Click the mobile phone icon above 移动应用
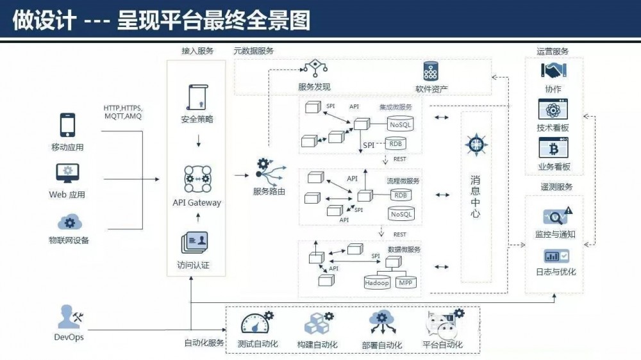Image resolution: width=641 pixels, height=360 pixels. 67,126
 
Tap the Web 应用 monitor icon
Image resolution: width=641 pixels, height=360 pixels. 67,173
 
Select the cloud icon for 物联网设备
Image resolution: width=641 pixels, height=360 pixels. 69,222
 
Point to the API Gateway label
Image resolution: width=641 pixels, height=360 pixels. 197,202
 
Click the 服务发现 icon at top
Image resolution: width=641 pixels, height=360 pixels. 315,69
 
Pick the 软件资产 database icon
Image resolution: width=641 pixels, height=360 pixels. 431,71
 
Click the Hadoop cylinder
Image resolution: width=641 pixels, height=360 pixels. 378,281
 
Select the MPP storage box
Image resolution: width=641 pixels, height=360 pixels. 405,282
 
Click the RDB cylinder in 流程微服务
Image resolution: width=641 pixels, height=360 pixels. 401,195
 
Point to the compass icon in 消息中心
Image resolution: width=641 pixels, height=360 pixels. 475,145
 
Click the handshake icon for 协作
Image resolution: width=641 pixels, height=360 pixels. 552,70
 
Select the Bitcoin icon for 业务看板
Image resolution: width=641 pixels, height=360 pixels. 553,149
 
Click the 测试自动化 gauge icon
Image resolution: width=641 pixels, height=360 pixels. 256,324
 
